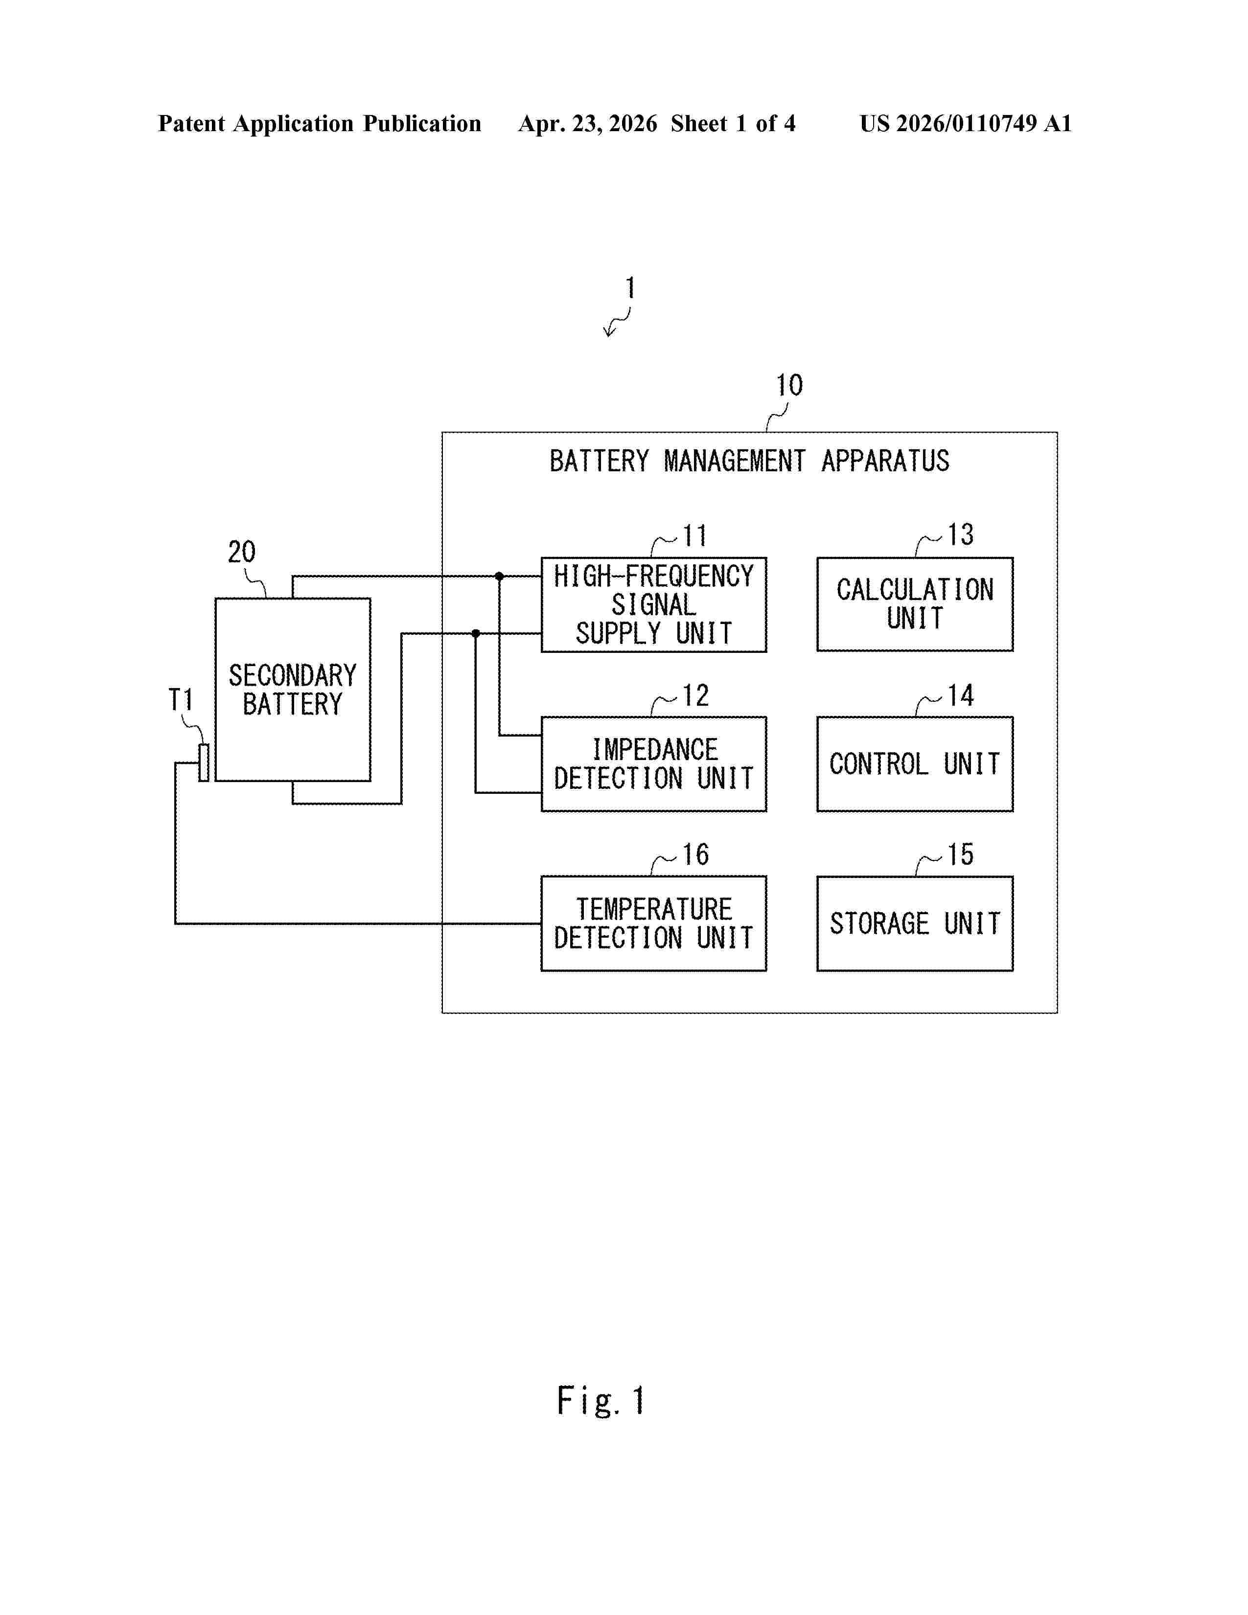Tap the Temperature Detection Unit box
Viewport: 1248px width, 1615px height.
pyautogui.click(x=653, y=923)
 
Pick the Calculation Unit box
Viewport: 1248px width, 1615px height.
pyautogui.click(x=915, y=604)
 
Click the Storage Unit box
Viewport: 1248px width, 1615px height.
pyautogui.click(x=915, y=923)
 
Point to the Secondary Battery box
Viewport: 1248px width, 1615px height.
pyautogui.click(x=293, y=689)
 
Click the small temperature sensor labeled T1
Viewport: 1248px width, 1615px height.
pyautogui.click(x=203, y=762)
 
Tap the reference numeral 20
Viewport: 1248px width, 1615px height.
pyautogui.click(x=242, y=552)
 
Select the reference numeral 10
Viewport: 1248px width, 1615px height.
pyautogui.click(x=789, y=385)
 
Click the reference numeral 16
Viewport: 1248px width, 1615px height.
pyautogui.click(x=695, y=855)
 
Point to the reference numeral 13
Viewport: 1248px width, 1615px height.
pyautogui.click(x=960, y=534)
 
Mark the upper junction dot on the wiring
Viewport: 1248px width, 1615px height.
pyautogui.click(x=499, y=576)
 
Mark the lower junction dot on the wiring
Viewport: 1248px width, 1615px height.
pyautogui.click(x=475, y=633)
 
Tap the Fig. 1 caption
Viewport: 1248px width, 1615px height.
pyautogui.click(x=601, y=1401)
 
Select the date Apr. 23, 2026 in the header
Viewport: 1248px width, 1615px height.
pyautogui.click(x=588, y=123)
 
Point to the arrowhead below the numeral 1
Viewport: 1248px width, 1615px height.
pyautogui.click(x=608, y=332)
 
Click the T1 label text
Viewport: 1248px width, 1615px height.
pyautogui.click(x=181, y=699)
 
